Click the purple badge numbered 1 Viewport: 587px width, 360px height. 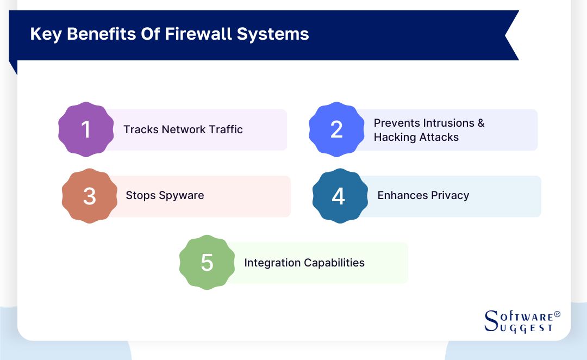(x=86, y=129)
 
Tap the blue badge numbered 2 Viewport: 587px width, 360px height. (x=336, y=129)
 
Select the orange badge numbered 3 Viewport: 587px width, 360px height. (x=90, y=196)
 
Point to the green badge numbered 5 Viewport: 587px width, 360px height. (x=207, y=263)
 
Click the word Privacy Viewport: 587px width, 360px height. (x=450, y=195)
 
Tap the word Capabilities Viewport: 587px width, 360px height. (x=334, y=263)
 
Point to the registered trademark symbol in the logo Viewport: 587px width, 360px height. (x=557, y=315)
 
